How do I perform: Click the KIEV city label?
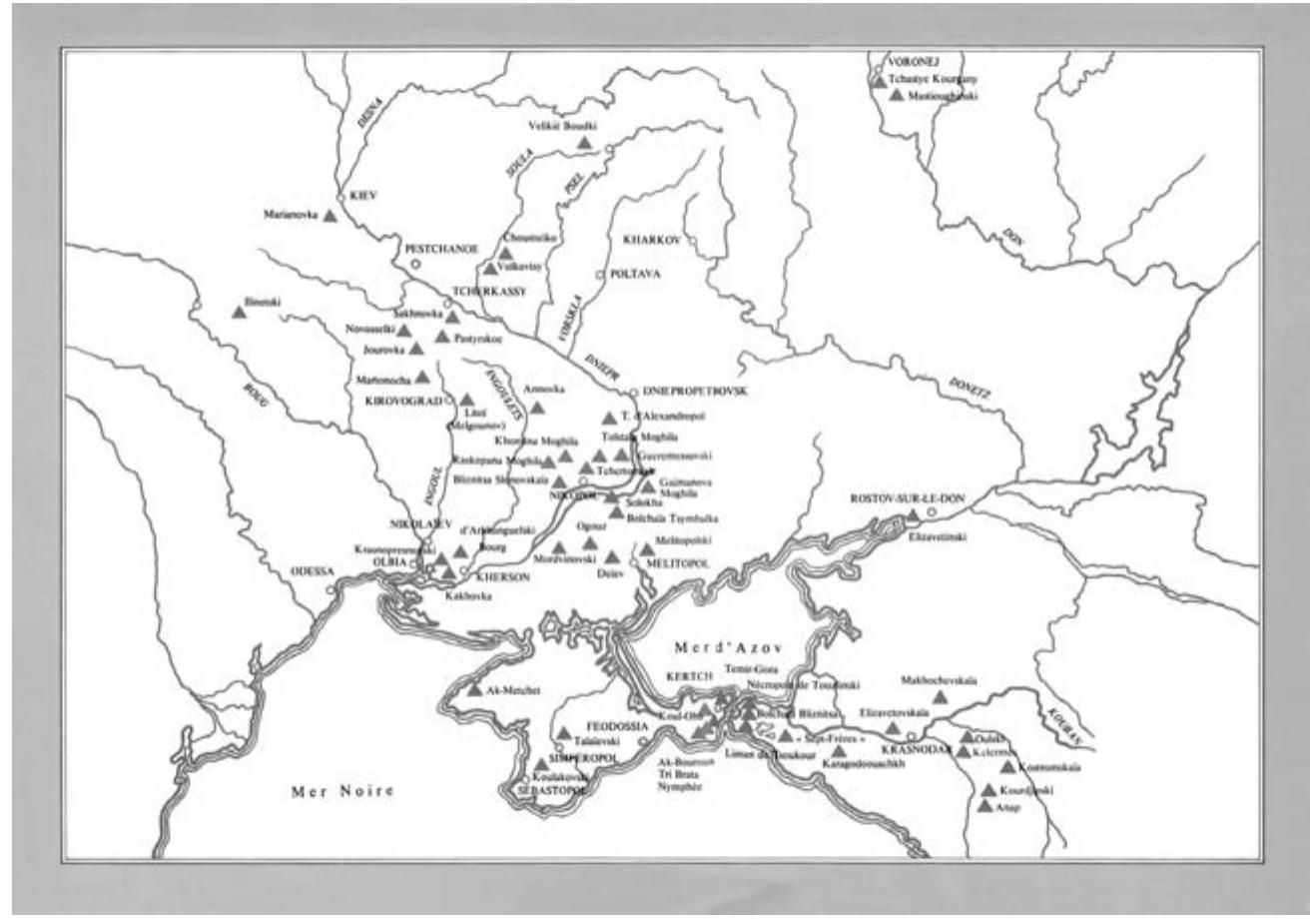coord(361,196)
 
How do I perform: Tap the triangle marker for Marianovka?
coord(330,215)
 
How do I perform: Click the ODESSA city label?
coord(311,572)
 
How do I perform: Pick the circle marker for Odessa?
coord(330,590)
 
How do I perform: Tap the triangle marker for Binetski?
coord(240,312)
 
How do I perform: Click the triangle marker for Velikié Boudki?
coord(584,143)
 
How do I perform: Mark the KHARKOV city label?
coord(651,241)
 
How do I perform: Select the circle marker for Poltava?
coord(600,275)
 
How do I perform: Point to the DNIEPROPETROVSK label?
coord(690,392)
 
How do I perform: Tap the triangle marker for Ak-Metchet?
coord(474,689)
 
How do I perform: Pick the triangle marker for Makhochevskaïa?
coord(939,696)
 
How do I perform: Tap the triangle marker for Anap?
coord(985,806)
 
